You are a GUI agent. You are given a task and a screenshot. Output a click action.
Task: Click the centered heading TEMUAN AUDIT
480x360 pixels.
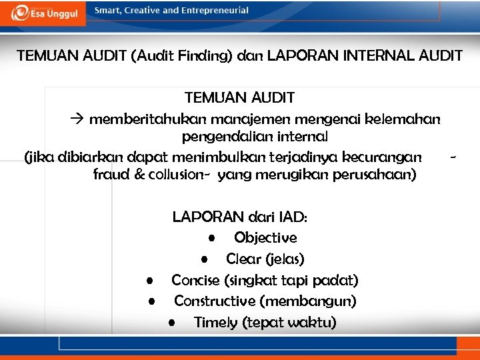(x=239, y=97)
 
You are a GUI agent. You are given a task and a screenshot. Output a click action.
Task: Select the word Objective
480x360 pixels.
(x=265, y=237)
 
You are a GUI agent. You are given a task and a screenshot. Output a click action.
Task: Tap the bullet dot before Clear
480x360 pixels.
(x=207, y=259)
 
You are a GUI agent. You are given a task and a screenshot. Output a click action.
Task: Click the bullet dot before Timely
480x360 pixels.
(x=172, y=323)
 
